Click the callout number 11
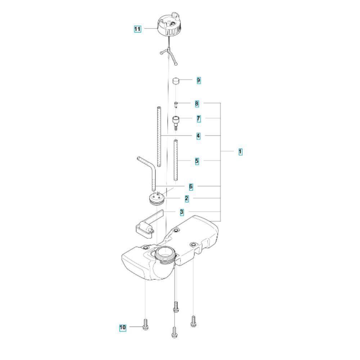pyautogui.click(x=137, y=29)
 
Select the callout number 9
pyautogui.click(x=199, y=80)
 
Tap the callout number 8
pyautogui.click(x=197, y=104)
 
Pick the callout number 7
pyautogui.click(x=199, y=119)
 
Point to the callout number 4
pyautogui.click(x=198, y=136)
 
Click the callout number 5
pyautogui.click(x=197, y=161)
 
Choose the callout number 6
pyautogui.click(x=191, y=186)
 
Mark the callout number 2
pyautogui.click(x=186, y=199)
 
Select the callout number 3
pyautogui.click(x=182, y=212)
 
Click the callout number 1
pyautogui.click(x=240, y=152)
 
